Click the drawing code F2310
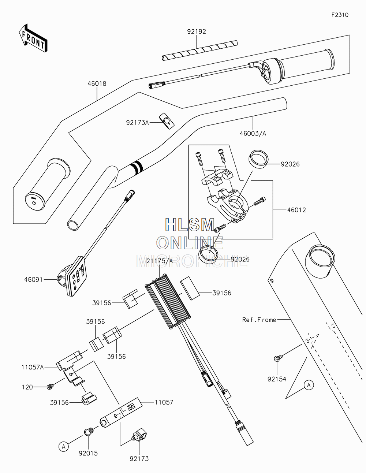(340, 15)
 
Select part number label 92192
(197, 32)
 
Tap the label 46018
(97, 84)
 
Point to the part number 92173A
(137, 123)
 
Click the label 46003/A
(253, 134)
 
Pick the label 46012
(296, 210)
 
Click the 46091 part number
(34, 279)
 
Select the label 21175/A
(159, 261)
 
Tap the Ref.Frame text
(259, 320)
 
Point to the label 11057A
(32, 367)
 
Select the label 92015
(88, 453)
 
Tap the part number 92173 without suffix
(139, 458)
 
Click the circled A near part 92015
(64, 446)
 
